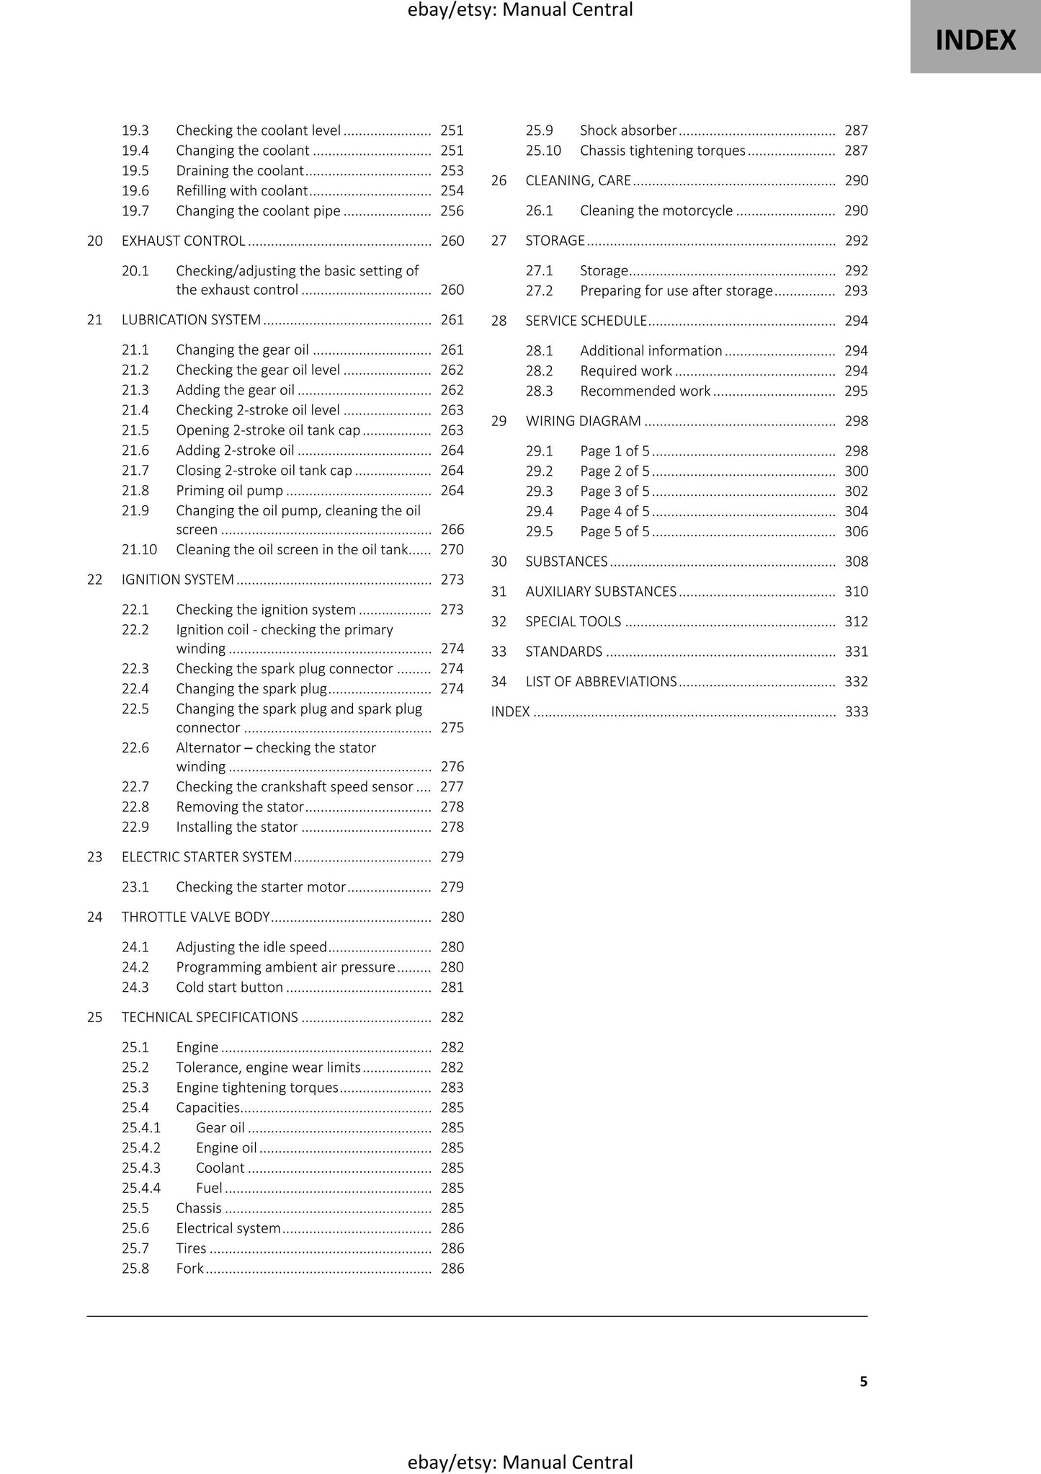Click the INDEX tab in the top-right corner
tap(975, 40)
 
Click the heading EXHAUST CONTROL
tap(183, 241)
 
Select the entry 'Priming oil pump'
tap(229, 491)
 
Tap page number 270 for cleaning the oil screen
tap(452, 550)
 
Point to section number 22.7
tap(135, 787)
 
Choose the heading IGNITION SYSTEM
tap(177, 580)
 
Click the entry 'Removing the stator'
tap(239, 807)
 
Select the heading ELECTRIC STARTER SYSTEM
tap(206, 857)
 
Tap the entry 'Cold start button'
tap(229, 987)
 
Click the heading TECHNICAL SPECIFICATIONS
tap(209, 1018)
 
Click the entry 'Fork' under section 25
tap(189, 1269)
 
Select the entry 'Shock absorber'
tap(628, 130)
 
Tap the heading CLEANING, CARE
tap(578, 181)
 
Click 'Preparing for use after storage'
tap(676, 291)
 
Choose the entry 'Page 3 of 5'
tap(615, 492)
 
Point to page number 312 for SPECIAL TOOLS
tap(856, 622)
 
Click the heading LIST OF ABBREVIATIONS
tap(601, 682)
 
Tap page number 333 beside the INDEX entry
tap(856, 712)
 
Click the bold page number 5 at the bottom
tap(863, 1381)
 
